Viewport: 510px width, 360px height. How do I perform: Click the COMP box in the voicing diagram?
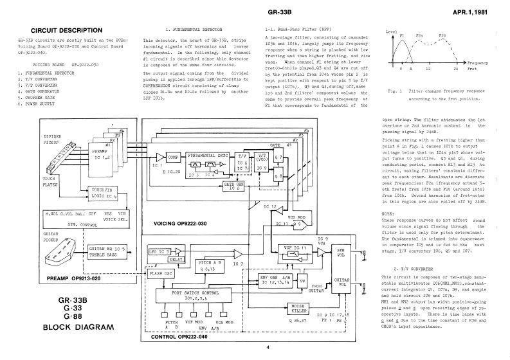coord(173,157)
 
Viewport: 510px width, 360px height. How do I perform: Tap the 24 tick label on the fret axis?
coord(456,68)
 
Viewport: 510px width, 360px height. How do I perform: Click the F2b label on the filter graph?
coord(442,35)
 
